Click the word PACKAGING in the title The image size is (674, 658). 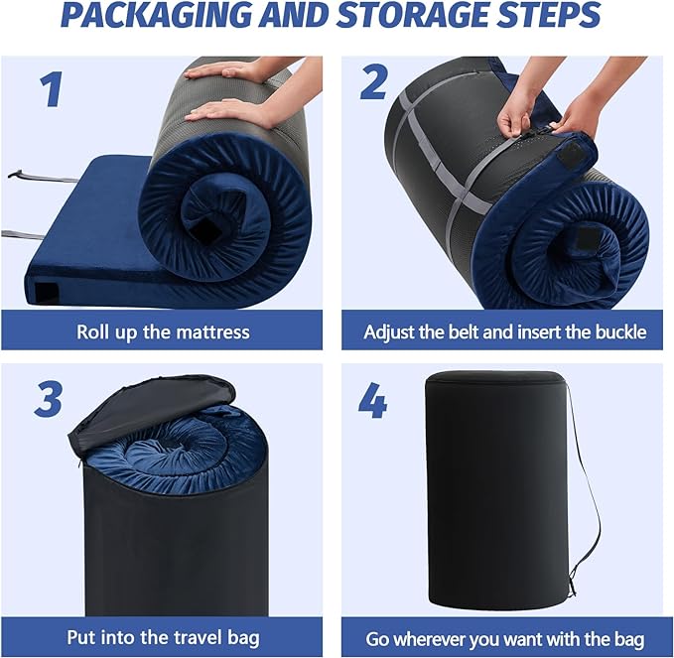click(x=157, y=15)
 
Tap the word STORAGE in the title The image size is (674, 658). click(x=426, y=15)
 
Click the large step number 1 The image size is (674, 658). click(x=52, y=89)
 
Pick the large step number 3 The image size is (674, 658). click(x=48, y=399)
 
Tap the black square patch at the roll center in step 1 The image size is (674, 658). click(x=206, y=230)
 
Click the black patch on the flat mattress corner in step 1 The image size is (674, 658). click(x=47, y=291)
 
